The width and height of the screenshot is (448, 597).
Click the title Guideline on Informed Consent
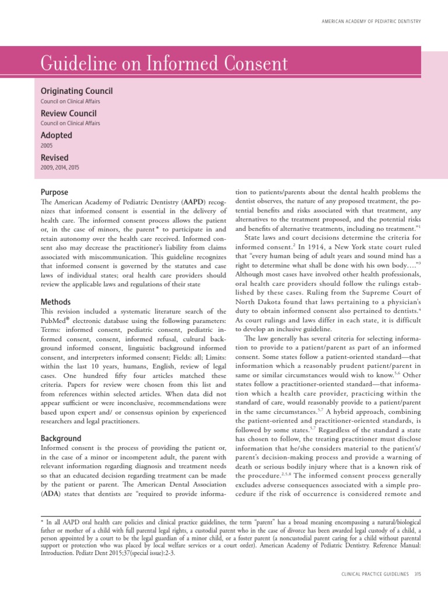coord(163,64)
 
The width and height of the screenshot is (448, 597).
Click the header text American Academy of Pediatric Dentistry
coord(372,22)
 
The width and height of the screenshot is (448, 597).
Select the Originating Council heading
coord(76,91)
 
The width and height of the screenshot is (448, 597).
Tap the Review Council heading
coord(68,113)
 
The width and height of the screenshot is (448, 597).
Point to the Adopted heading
coord(57,135)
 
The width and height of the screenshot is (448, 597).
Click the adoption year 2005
coord(46,145)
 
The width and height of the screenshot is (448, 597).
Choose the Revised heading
coord(54,157)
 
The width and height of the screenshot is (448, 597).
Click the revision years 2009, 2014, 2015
coord(60,167)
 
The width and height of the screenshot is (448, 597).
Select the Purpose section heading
coord(54,192)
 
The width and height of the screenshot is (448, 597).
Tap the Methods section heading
coord(56,302)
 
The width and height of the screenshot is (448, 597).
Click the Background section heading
coord(61,438)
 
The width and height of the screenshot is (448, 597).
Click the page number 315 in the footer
coord(417,575)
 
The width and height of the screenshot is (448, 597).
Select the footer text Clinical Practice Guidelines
coord(375,575)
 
